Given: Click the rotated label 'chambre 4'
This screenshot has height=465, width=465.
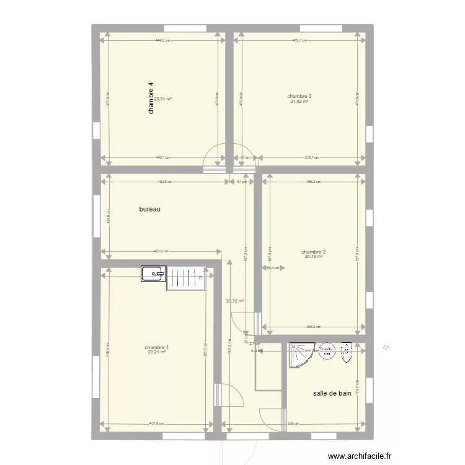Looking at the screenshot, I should [150, 99].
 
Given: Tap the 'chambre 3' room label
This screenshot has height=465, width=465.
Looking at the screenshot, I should [299, 96].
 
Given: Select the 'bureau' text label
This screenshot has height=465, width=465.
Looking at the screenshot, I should [150, 210].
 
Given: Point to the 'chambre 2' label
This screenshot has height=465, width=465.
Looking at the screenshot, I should [314, 252].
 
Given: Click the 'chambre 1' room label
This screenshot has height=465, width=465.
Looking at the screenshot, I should [156, 347].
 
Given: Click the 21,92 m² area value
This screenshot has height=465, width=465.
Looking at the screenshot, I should [299, 102].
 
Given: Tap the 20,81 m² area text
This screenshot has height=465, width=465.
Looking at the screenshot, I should [163, 99].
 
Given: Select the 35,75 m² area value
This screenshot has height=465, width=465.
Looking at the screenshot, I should [235, 301].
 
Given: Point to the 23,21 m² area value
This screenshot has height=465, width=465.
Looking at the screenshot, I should [156, 353].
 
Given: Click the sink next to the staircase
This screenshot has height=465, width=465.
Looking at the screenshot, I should [153, 274].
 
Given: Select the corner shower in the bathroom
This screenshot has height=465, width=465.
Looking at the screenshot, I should [302, 353].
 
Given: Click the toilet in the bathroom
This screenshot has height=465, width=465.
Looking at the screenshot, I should [347, 352].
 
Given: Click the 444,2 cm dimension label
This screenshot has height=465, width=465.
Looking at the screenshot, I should [163, 40].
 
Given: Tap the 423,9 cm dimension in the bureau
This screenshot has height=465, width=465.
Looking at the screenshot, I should [160, 251].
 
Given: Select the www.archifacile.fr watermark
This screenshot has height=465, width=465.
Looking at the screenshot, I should [351, 454].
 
